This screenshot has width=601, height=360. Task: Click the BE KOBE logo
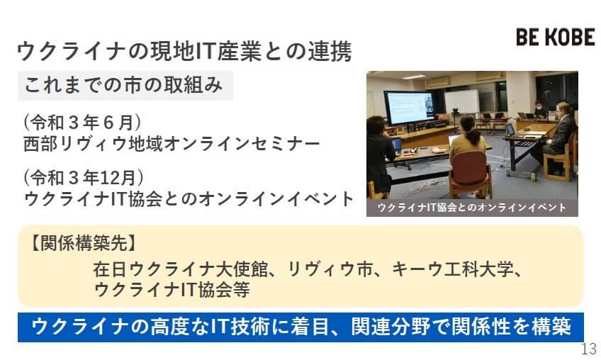click(x=556, y=37)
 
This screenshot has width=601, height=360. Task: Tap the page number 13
click(x=589, y=349)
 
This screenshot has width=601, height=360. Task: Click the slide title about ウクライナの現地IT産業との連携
click(x=184, y=51)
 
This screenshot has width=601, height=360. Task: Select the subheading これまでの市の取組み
click(x=123, y=85)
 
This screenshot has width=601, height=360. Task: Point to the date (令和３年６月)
click(x=82, y=123)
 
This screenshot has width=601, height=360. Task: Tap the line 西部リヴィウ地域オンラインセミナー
click(x=172, y=144)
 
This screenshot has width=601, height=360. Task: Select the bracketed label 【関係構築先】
click(x=83, y=242)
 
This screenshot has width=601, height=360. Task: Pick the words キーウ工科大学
click(x=452, y=269)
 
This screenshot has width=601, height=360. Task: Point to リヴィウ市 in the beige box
click(x=330, y=269)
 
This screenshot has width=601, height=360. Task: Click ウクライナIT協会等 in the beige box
click(x=172, y=289)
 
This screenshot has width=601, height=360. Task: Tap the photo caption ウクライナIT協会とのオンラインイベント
click(x=472, y=208)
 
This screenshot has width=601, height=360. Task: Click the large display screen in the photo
click(x=410, y=107)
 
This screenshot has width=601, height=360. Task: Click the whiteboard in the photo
click(x=461, y=101)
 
